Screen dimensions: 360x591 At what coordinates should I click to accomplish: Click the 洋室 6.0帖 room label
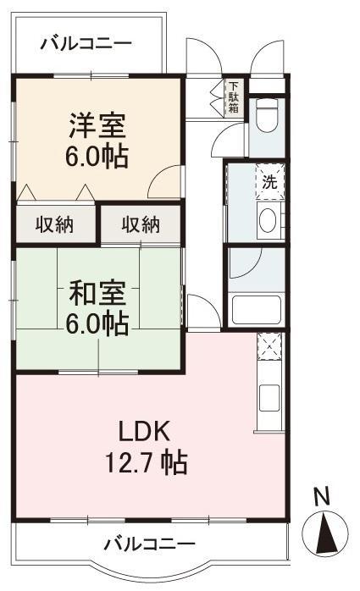97,141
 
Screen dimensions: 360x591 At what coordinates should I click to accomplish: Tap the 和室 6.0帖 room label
97,308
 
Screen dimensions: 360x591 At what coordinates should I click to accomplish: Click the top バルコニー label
86,44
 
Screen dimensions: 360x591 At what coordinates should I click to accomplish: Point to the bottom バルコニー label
150,544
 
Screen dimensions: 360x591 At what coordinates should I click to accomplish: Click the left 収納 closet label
55,224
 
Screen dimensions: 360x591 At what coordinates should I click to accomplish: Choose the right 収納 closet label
141,224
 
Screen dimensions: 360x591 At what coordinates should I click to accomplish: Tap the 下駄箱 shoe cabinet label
234,97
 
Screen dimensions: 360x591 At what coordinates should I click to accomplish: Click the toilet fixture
267,115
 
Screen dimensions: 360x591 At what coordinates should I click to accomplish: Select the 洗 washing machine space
270,182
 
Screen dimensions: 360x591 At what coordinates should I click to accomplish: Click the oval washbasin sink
268,220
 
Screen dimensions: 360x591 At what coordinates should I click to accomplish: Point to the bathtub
257,310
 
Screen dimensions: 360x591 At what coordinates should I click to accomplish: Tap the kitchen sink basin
269,398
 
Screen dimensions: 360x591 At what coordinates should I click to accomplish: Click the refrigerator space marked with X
269,345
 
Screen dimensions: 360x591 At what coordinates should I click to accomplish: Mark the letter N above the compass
322,497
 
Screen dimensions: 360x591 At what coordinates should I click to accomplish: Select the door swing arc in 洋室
160,176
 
